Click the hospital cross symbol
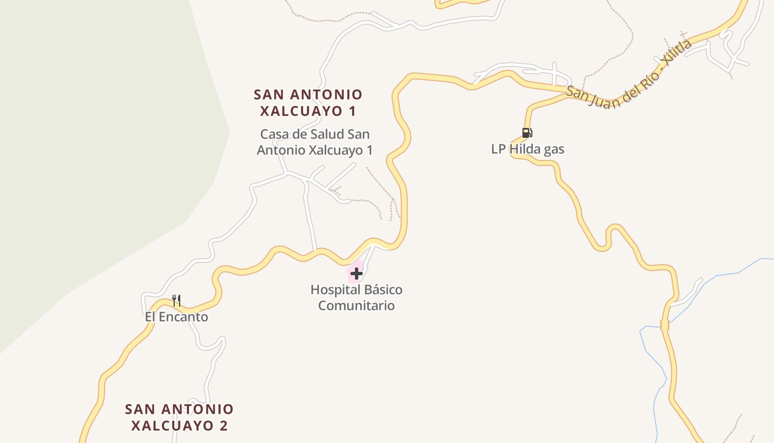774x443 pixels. pos(357,273)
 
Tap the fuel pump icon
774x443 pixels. pos(527,133)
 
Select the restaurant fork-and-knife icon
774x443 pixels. pos(176,301)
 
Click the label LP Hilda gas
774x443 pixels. pos(527,149)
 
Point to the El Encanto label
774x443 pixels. pos(176,317)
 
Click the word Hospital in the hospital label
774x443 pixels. pos(333,290)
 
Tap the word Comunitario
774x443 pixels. pos(357,306)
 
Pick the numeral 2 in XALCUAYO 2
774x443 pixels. pos(223,425)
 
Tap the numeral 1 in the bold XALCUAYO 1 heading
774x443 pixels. pos(352,111)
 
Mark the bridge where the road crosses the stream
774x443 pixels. pos(665,325)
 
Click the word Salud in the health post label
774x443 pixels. pos(316,134)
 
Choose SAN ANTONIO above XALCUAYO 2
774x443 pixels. pos(179,409)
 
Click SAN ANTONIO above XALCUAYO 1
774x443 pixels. pos(308,95)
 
